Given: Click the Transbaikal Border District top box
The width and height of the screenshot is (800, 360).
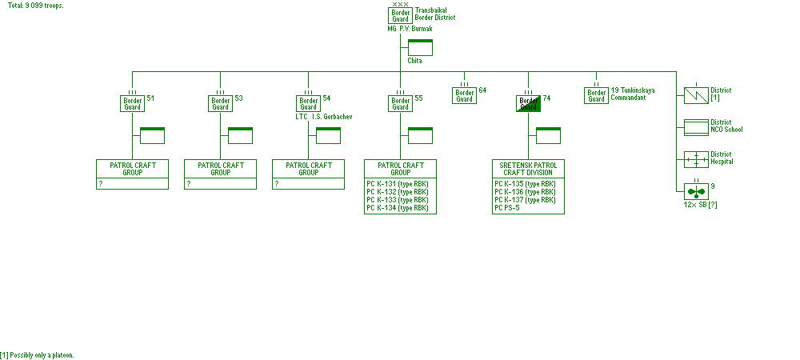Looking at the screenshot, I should click(x=400, y=16).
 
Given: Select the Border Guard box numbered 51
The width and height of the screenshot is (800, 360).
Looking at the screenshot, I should click(x=133, y=103).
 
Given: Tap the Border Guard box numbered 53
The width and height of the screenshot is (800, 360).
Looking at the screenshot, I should click(x=221, y=103).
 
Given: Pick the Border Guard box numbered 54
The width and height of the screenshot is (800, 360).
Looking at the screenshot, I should click(x=309, y=103).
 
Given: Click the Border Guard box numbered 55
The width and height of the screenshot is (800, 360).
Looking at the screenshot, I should click(x=401, y=103).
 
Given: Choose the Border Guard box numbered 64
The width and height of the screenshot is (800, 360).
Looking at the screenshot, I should click(x=465, y=95).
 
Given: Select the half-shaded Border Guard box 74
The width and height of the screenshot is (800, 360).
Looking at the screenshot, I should click(x=529, y=103).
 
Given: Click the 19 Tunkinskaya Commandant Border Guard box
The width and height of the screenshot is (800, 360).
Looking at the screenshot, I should click(x=597, y=95).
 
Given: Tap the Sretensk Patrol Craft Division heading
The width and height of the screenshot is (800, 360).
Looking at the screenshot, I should click(x=529, y=169).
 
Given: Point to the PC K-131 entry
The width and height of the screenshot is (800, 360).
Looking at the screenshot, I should click(x=397, y=184).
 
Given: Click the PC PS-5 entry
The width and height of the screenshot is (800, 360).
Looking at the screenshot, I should click(x=507, y=208).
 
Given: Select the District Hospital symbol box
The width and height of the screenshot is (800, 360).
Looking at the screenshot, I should click(x=696, y=158).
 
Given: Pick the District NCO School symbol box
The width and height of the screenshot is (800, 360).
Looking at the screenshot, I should click(x=696, y=127).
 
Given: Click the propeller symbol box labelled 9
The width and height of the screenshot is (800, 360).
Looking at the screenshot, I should click(x=696, y=191).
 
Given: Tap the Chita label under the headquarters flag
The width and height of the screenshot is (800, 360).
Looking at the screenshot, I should click(x=414, y=61).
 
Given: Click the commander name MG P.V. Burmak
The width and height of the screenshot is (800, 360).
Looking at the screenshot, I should click(x=410, y=28).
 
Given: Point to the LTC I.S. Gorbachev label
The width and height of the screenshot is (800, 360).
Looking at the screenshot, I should click(x=323, y=117).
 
